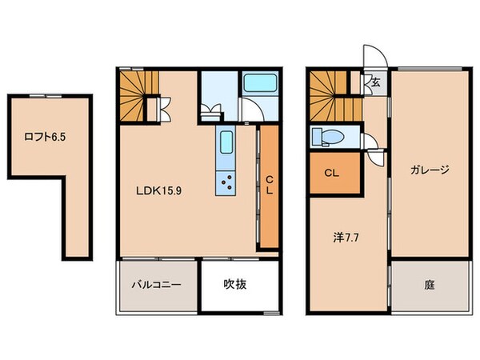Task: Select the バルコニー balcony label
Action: click(x=155, y=285)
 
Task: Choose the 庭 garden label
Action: click(x=430, y=284)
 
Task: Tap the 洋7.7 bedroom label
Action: click(x=345, y=237)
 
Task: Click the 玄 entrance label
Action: click(x=374, y=81)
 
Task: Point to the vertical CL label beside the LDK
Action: click(x=270, y=186)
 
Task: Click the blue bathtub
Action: click(x=260, y=83)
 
